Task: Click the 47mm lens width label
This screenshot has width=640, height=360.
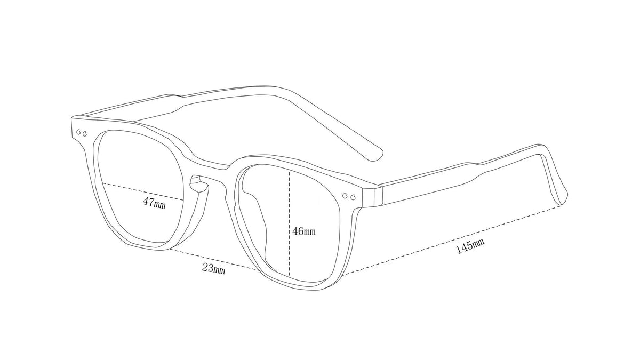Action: pyautogui.click(x=154, y=203)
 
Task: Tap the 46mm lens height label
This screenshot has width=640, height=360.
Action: pyautogui.click(x=304, y=231)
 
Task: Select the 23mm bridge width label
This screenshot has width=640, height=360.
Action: pyautogui.click(x=214, y=269)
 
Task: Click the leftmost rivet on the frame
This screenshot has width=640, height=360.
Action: pyautogui.click(x=78, y=132)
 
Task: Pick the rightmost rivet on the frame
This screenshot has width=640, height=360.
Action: pyautogui.click(x=353, y=197)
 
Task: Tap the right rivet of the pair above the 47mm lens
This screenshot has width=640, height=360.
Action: pyautogui.click(x=84, y=133)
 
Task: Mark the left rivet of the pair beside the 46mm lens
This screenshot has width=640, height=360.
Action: pyautogui.click(x=345, y=196)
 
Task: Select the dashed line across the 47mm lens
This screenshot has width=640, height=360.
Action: pyautogui.click(x=142, y=191)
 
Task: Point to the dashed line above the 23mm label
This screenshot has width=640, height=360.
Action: pyautogui.click(x=214, y=259)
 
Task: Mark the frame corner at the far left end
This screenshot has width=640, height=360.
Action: pyautogui.click(x=72, y=118)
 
